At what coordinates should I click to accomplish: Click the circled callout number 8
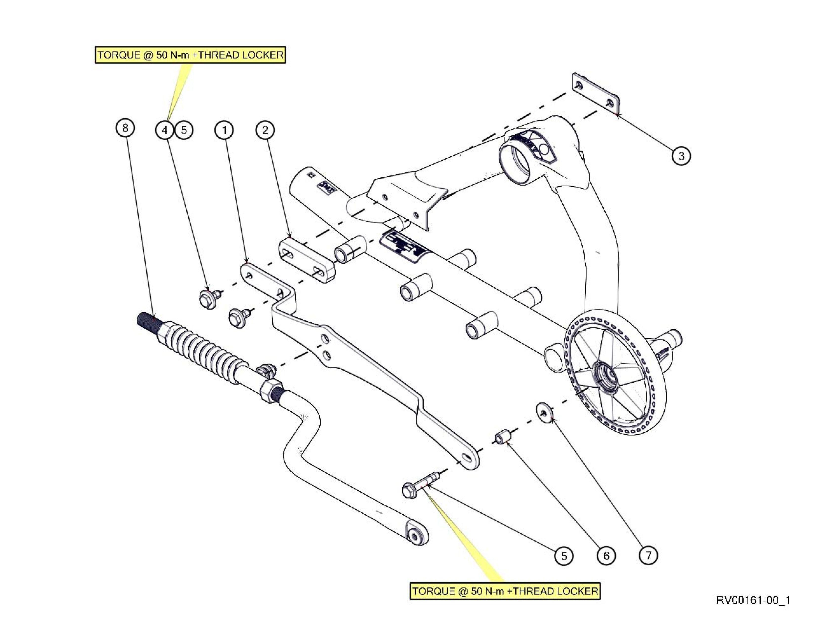click(125, 128)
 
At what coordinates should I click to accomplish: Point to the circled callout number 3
click(681, 156)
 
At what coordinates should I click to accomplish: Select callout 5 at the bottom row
click(564, 556)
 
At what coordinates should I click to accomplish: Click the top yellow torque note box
click(190, 55)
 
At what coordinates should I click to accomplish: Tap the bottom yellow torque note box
click(505, 591)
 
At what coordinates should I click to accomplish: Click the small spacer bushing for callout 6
click(502, 436)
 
